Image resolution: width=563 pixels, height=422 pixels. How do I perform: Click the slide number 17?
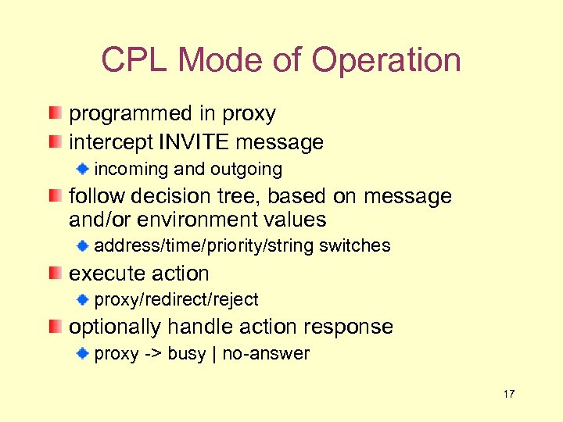pos(509,394)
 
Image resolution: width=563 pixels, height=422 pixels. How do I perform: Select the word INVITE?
pos(194,142)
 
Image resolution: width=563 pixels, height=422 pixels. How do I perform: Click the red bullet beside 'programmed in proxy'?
pos(53,114)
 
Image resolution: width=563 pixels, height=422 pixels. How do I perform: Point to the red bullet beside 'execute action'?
pos(53,274)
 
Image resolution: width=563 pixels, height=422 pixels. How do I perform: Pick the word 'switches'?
pos(355,245)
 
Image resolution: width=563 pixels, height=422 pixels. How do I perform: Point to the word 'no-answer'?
pos(266,353)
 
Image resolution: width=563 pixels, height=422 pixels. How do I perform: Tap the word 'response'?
pos(349,327)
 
